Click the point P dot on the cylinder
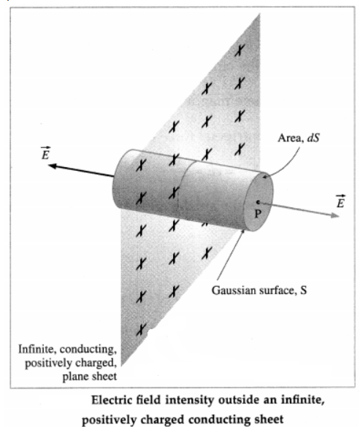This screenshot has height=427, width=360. (x=258, y=202)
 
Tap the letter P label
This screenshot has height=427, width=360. (x=258, y=214)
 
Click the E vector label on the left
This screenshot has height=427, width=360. (x=45, y=153)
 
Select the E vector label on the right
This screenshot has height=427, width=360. (x=340, y=201)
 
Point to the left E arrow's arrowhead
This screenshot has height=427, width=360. (x=53, y=166)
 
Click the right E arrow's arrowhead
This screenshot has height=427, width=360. (x=335, y=215)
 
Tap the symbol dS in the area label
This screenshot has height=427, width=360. (x=313, y=138)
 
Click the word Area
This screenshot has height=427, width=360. (x=291, y=138)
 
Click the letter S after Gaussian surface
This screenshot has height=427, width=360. (x=303, y=291)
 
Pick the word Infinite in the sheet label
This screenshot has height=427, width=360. (x=37, y=349)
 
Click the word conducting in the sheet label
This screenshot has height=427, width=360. (x=88, y=350)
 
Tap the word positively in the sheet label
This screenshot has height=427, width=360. (x=49, y=363)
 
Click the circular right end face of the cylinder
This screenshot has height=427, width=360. (x=258, y=201)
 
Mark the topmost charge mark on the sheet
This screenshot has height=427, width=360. (x=240, y=50)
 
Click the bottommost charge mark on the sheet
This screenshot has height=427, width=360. (x=141, y=329)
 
